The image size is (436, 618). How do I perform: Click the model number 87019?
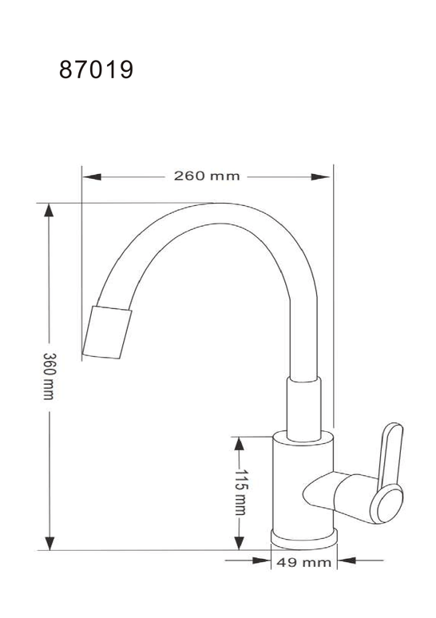tap(96, 69)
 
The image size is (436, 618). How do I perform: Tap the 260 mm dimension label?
tap(207, 176)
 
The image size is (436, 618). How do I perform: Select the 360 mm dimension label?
tap(49, 376)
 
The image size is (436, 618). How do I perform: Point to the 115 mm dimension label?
tap(240, 493)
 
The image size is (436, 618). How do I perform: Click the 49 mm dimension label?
tap(303, 562)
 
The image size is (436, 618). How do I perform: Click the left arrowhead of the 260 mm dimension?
tap(92, 176)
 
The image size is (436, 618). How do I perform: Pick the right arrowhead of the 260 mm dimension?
tap(320, 177)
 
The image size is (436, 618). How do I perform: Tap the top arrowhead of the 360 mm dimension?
tap(49, 211)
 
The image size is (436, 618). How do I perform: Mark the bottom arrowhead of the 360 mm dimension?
tap(50, 543)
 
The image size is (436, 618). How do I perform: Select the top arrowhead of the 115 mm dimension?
tap(239, 444)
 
